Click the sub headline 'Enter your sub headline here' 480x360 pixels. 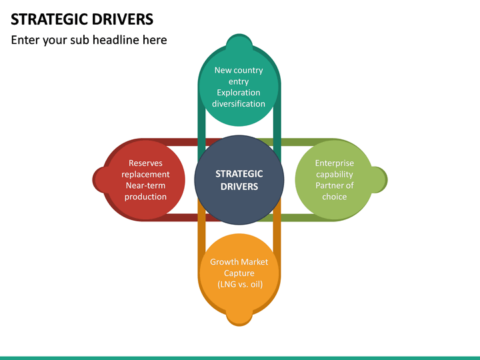point(89,40)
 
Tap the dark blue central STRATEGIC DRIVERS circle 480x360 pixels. point(239,180)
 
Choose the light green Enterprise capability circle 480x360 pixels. point(334,179)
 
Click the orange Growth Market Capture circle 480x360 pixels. point(239,272)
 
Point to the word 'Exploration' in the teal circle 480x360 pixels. point(239,93)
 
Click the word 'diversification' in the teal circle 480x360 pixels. point(239,104)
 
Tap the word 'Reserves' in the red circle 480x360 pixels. point(145,163)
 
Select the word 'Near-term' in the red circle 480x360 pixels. point(145,185)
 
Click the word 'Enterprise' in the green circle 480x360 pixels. point(334,163)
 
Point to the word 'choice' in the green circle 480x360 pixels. point(334,197)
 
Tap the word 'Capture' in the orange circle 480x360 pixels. point(239,273)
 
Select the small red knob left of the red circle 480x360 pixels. point(101,179)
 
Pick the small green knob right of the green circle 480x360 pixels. point(379,179)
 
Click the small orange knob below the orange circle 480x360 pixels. point(239,317)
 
